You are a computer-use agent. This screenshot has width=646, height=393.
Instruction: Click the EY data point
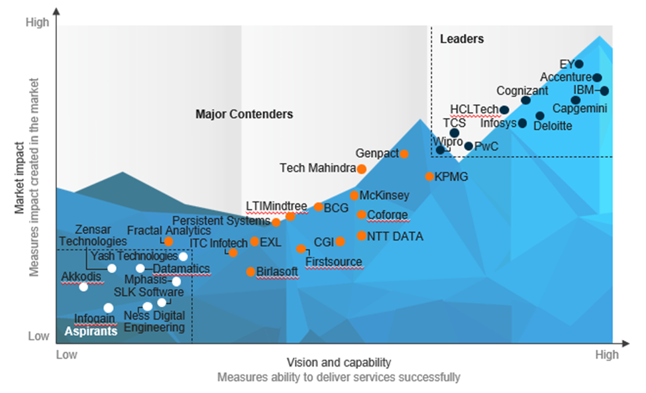point(578,64)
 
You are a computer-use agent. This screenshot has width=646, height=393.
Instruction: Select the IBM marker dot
point(604,91)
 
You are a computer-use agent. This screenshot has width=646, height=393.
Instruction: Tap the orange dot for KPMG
point(429,176)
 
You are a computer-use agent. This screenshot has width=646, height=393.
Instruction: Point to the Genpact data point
point(404,154)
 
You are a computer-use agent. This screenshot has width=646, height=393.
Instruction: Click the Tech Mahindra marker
point(361,168)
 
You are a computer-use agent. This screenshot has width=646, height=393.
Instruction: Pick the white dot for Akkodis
point(83,286)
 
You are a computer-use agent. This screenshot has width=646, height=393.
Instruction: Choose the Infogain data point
point(108,308)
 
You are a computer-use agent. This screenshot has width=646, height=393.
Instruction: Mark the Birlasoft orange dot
point(250,272)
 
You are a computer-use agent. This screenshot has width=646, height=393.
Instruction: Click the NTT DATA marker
point(361,235)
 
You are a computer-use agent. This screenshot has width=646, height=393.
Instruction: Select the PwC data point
point(468,146)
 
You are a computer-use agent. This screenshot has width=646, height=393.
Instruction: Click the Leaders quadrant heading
point(462,39)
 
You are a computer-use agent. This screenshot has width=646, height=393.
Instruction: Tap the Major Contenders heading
point(244,114)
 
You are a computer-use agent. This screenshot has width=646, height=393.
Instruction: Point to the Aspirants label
point(91,331)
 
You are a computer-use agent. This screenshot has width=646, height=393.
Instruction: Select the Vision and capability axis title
point(339,363)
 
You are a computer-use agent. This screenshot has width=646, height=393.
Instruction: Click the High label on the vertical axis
point(37,22)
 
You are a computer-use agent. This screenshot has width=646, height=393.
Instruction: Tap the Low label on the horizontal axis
point(67,355)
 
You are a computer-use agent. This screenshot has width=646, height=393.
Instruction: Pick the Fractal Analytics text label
point(168,231)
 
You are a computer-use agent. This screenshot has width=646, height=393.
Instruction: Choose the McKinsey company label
point(384,196)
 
